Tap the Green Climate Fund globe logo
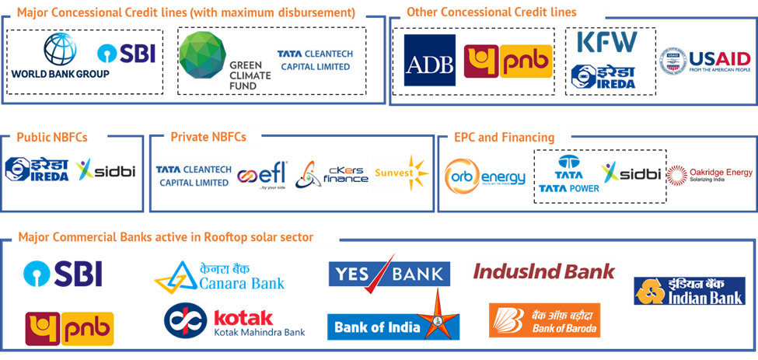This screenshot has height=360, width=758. [203, 56]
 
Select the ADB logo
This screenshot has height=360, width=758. [429, 61]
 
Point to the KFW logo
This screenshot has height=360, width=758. [606, 42]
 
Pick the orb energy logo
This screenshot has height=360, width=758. [485, 177]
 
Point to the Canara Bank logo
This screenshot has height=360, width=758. [220, 275]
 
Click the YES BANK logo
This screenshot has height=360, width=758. [389, 272]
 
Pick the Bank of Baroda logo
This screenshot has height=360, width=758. [544, 320]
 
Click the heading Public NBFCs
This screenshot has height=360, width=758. [52, 138]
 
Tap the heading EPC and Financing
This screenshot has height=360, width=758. [505, 138]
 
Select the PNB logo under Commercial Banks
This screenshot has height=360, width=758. [70, 328]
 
